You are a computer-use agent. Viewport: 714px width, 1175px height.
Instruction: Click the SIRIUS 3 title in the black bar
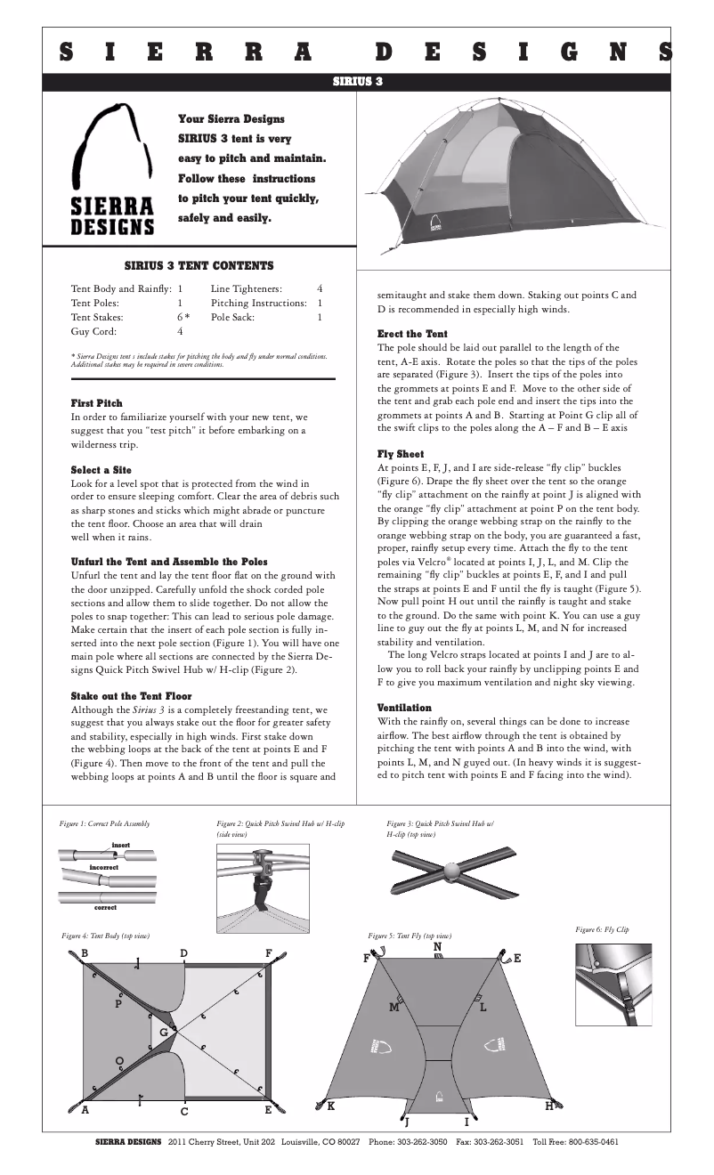(357, 81)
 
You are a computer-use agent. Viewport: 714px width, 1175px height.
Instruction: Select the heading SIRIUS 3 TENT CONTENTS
(199, 265)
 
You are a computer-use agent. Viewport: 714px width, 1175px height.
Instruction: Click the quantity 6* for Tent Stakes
(183, 317)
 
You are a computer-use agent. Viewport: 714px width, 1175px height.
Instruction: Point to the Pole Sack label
(232, 317)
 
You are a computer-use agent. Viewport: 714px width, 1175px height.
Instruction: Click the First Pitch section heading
(97, 403)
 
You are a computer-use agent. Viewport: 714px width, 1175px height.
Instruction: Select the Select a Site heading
(101, 469)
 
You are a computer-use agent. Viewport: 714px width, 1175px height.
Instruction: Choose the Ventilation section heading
(405, 707)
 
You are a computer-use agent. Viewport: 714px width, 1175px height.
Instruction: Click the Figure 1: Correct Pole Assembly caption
(104, 824)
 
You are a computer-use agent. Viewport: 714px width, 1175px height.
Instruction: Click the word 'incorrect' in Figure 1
(104, 866)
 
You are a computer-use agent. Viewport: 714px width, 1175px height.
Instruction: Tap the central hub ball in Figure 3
(455, 868)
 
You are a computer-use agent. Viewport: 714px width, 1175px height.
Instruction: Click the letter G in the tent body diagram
(163, 1031)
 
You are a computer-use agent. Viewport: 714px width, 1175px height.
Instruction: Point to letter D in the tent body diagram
(183, 953)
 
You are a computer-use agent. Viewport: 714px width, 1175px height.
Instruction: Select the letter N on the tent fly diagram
(437, 947)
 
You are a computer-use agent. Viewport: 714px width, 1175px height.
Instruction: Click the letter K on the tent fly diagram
(331, 1106)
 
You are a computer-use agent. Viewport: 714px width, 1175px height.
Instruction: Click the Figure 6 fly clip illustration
(614, 984)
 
